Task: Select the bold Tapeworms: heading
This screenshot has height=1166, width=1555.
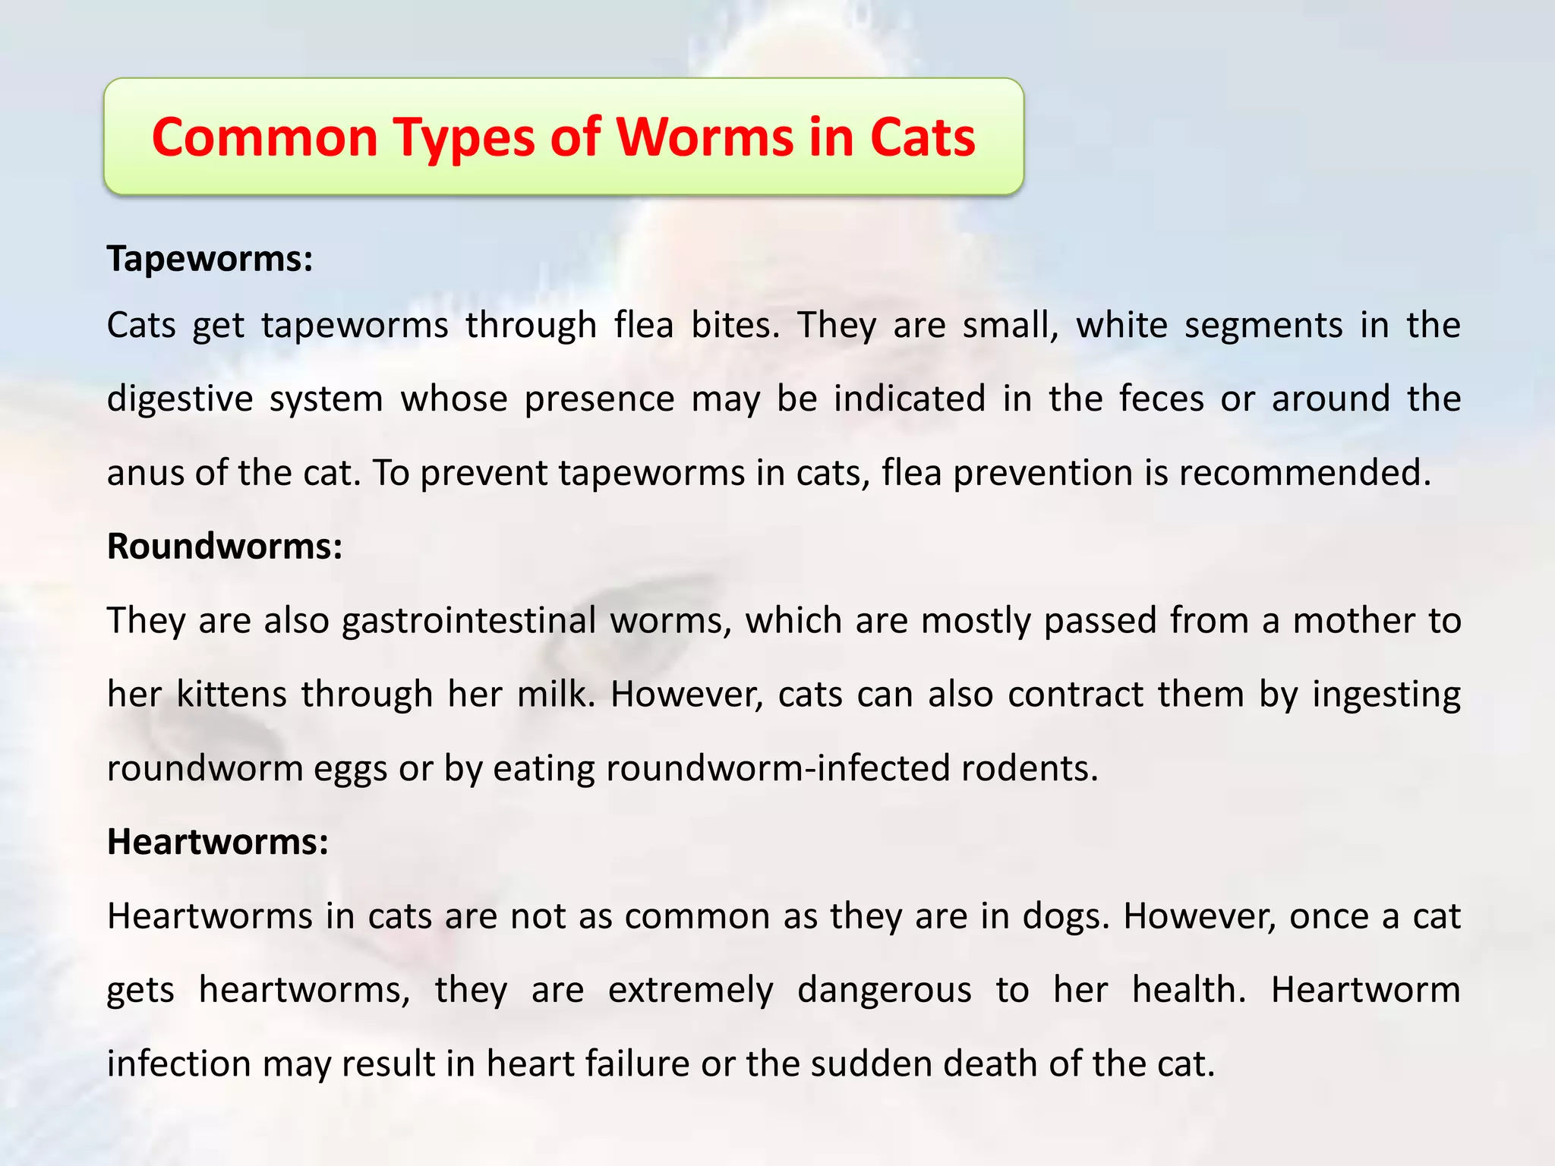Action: pos(210,258)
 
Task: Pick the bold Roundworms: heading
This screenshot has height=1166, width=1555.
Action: pos(225,546)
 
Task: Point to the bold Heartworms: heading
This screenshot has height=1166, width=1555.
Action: pos(218,841)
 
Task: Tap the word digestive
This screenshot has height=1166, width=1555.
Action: pos(180,399)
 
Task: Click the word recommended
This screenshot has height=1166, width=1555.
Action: pos(1304,473)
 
